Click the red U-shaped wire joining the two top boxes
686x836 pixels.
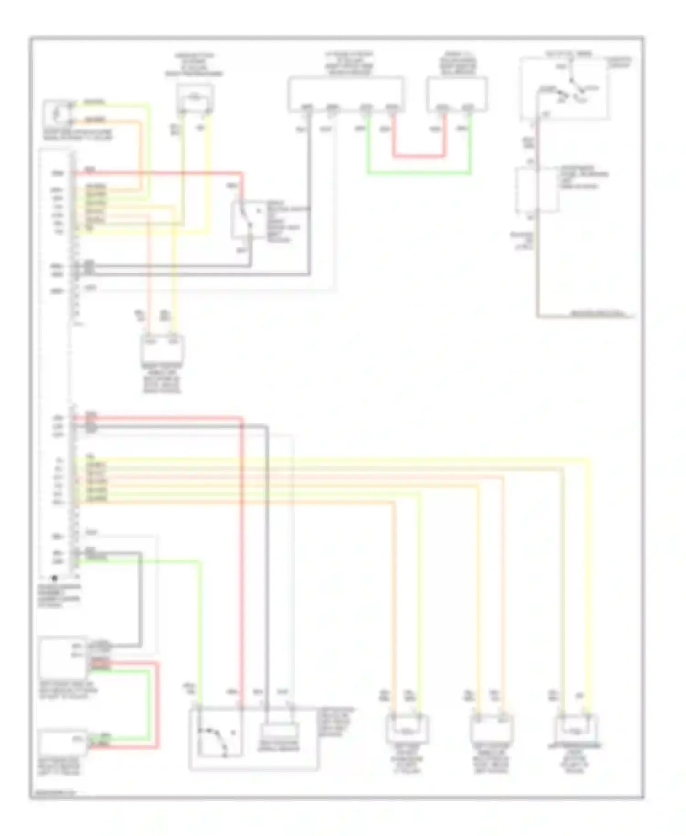[x=418, y=156]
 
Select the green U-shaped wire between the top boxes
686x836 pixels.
[x=418, y=173]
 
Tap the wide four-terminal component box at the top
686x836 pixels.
[x=345, y=94]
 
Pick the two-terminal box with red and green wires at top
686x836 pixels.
[x=456, y=94]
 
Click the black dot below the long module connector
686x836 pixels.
[x=54, y=578]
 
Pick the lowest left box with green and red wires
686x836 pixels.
[x=62, y=743]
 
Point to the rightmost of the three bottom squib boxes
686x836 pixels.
[x=576, y=729]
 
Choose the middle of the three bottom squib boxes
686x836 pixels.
[x=492, y=729]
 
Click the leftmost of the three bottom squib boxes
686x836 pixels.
[x=407, y=729]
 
